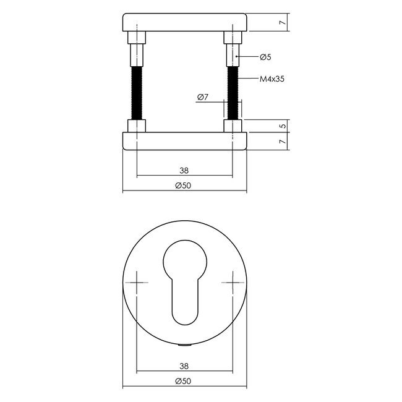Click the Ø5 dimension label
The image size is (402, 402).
point(265,57)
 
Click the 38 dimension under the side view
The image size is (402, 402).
point(184,171)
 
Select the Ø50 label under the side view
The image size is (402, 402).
point(184,186)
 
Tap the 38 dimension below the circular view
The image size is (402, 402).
point(184,366)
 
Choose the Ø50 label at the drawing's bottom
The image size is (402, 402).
point(184,382)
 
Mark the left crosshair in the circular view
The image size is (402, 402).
point(136,283)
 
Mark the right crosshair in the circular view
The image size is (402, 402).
point(234,283)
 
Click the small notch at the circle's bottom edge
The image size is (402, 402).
point(185,343)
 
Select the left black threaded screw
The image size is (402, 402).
point(136,92)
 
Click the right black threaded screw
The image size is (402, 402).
point(234,92)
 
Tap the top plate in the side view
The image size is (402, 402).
point(185,23)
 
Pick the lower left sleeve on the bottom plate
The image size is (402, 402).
point(136,126)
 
